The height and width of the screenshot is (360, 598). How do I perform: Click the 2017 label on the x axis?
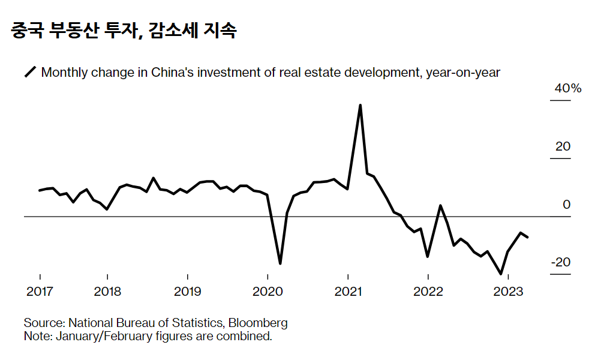click(x=40, y=292)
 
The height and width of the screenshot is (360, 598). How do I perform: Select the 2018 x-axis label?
click(x=107, y=292)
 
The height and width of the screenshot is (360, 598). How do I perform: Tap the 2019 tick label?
click(x=188, y=292)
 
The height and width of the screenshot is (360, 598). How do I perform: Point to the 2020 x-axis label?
click(x=268, y=292)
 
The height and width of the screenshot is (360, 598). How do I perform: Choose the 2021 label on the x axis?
click(x=348, y=292)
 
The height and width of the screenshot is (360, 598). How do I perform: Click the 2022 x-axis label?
click(x=428, y=292)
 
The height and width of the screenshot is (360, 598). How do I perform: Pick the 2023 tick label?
click(x=508, y=292)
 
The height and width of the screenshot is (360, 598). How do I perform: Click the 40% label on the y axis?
click(x=568, y=89)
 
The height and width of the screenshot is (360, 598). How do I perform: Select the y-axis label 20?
click(x=563, y=147)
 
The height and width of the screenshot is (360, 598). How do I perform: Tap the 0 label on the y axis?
click(x=566, y=205)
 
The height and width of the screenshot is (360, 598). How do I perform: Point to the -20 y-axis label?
click(x=561, y=263)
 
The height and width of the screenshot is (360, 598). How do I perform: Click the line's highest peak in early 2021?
click(x=360, y=105)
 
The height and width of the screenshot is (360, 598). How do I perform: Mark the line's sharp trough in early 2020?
click(x=280, y=263)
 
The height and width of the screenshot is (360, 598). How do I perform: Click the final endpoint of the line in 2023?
click(x=528, y=238)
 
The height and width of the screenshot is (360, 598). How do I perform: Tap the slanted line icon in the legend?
click(x=30, y=73)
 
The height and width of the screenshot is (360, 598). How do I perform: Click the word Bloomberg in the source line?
click(x=260, y=323)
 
